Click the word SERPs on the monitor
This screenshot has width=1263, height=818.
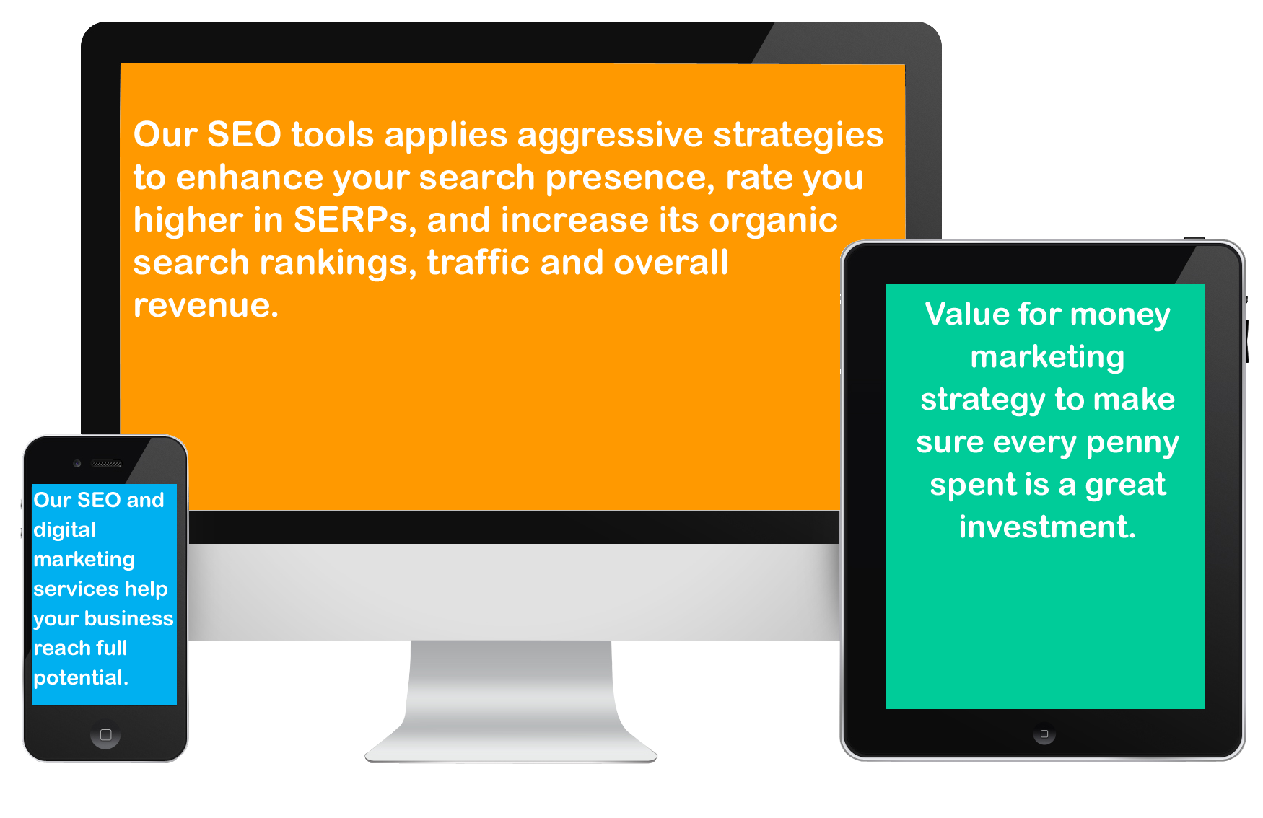click(351, 220)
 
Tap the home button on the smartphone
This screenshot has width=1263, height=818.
click(105, 735)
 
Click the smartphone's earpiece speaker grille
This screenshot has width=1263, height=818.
click(107, 464)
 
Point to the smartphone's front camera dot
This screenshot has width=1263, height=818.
click(77, 463)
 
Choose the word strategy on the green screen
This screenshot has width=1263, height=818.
click(982, 400)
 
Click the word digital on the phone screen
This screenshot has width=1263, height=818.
click(64, 530)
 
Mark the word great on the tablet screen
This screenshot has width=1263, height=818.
click(1125, 485)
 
